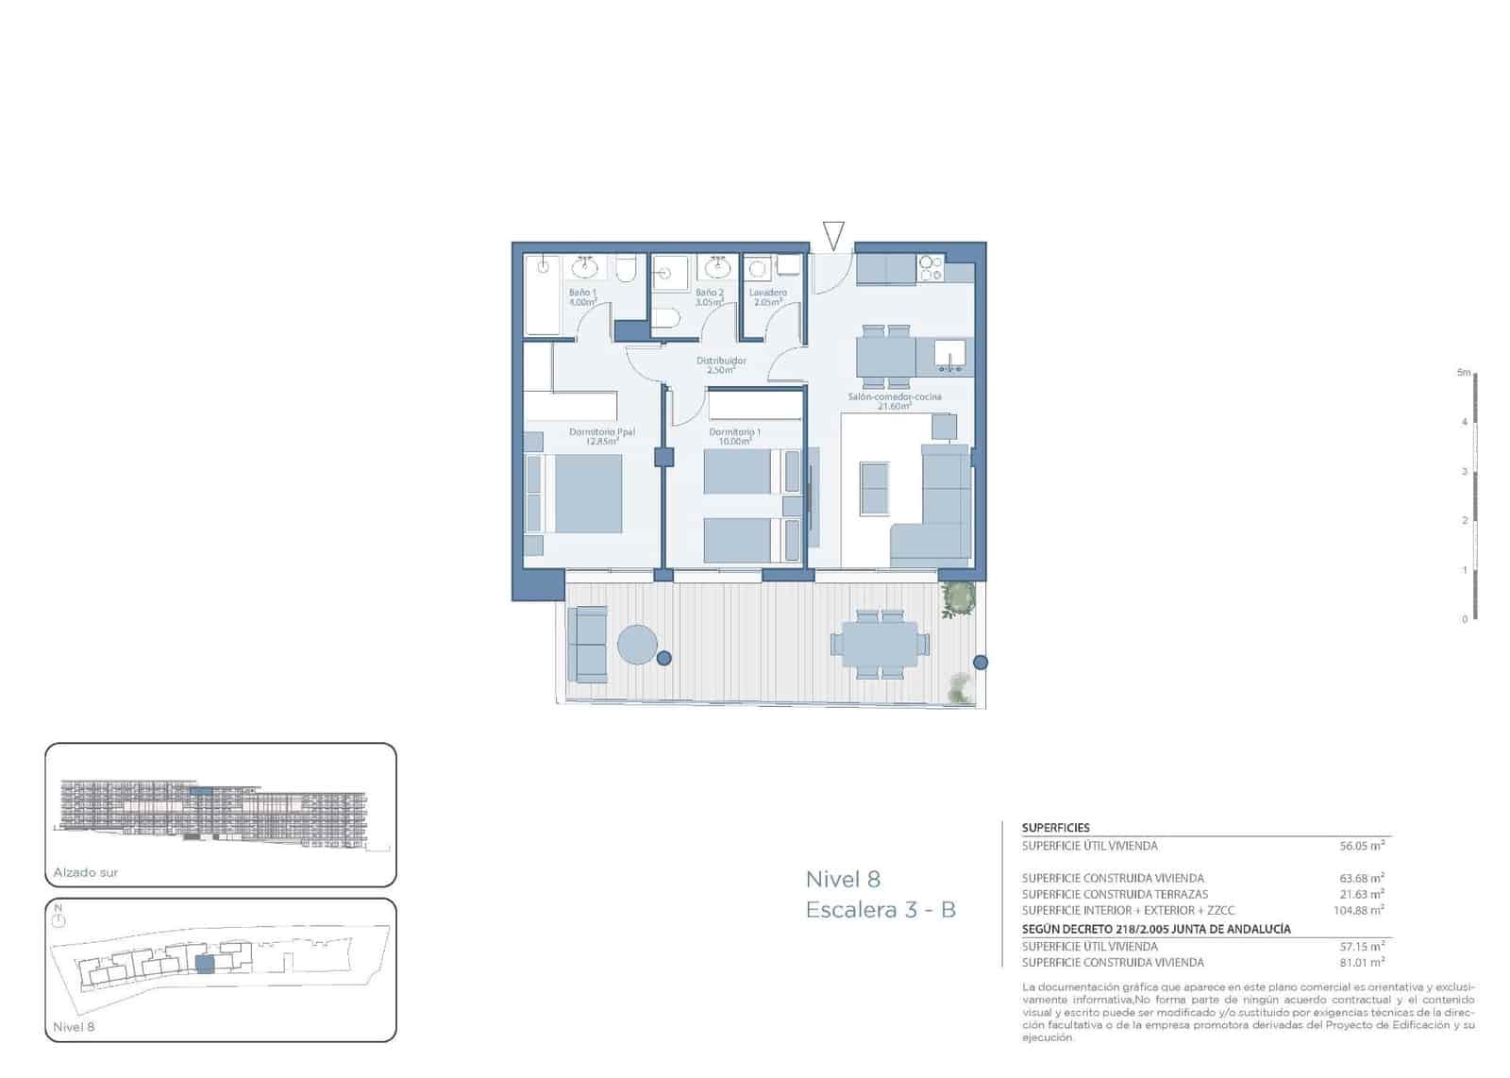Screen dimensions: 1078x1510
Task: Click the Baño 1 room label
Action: pyautogui.click(x=582, y=296)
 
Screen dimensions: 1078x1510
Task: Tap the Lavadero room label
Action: pyautogui.click(x=768, y=296)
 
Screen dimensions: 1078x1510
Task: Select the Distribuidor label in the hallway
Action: pyautogui.click(x=721, y=364)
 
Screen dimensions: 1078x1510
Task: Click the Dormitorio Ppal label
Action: pyautogui.click(x=601, y=435)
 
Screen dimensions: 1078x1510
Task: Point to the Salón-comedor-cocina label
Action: pyautogui.click(x=894, y=400)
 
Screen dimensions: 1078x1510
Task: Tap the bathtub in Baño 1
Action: pyautogui.click(x=543, y=295)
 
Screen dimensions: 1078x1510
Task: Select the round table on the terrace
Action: pyautogui.click(x=638, y=646)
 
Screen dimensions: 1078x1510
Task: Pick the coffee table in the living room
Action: pyautogui.click(x=874, y=488)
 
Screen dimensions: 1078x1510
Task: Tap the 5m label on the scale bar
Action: pyautogui.click(x=1463, y=373)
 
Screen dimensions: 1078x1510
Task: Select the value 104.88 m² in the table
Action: pyautogui.click(x=1356, y=911)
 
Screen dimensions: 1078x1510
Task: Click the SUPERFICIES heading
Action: pyautogui.click(x=1055, y=828)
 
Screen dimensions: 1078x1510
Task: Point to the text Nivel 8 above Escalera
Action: pyautogui.click(x=843, y=880)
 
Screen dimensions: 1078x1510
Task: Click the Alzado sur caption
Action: pyautogui.click(x=86, y=872)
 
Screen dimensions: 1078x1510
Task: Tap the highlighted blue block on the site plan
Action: pyautogui.click(x=204, y=964)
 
